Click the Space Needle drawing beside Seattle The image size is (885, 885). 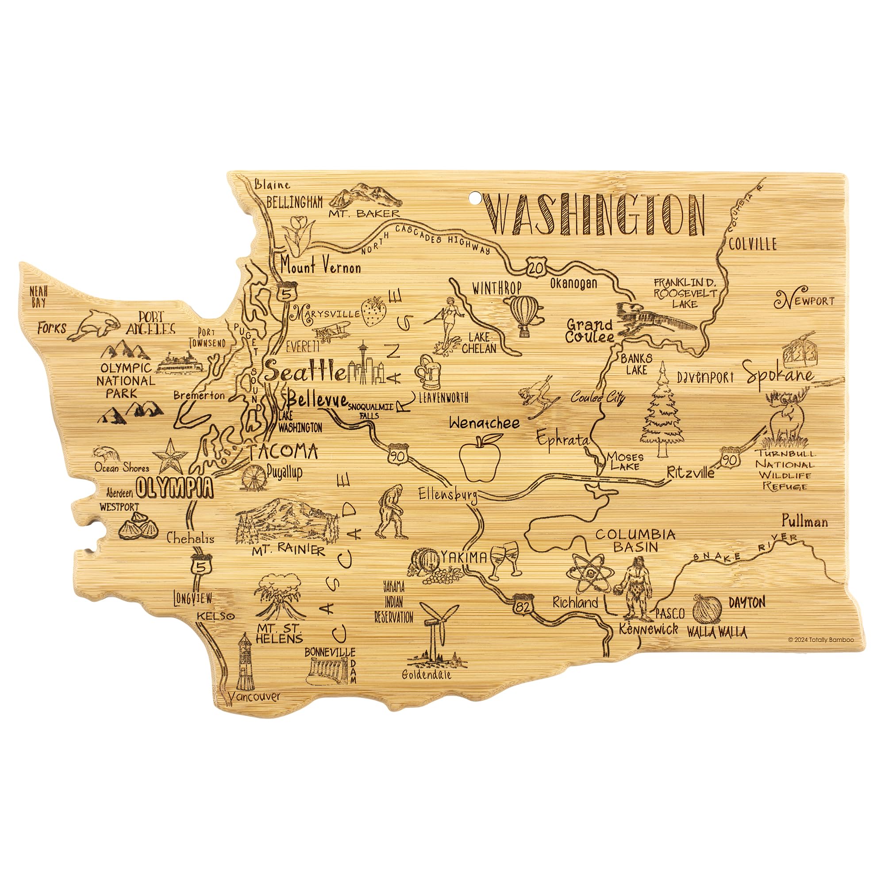363,362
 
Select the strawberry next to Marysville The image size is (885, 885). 373,312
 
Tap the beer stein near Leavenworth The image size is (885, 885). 428,373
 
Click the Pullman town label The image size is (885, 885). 805,521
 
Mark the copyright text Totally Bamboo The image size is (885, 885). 820,639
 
